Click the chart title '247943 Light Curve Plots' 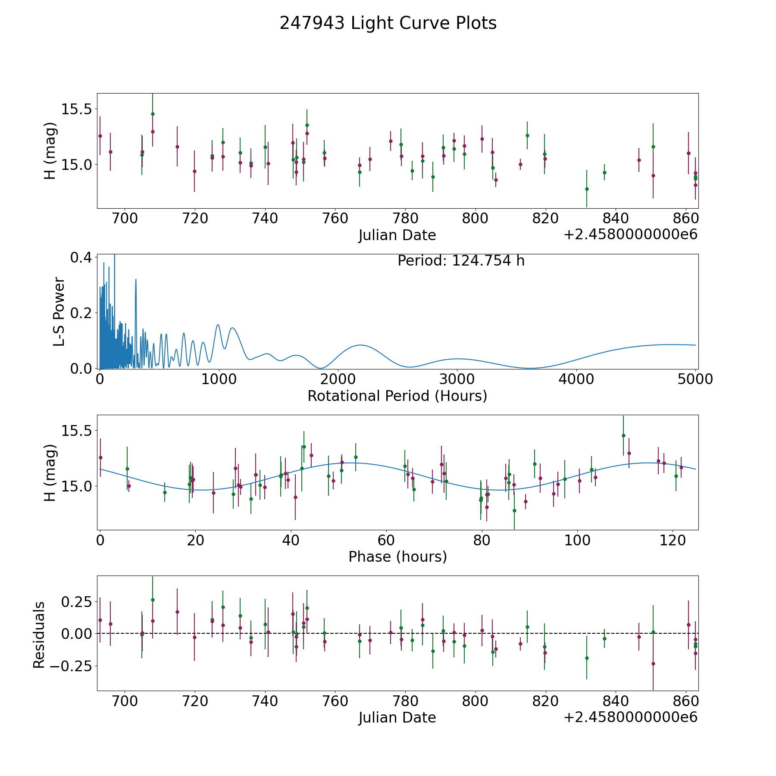point(388,23)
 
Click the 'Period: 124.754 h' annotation point(461,261)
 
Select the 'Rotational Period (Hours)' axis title point(397,396)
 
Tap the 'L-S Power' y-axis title point(59,311)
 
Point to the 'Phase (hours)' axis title point(397,557)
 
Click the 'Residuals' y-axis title point(39,635)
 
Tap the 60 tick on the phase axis point(386,540)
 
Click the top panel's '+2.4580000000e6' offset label point(630,235)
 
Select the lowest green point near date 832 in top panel point(587,189)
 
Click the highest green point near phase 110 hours point(623,435)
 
